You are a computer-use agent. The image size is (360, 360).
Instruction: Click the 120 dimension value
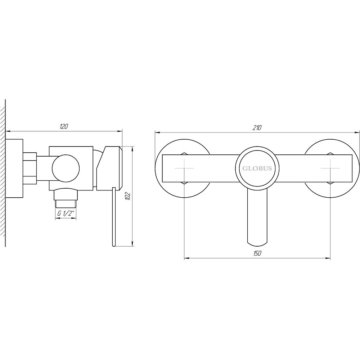click(64, 126)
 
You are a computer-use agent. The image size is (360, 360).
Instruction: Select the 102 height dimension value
click(128, 196)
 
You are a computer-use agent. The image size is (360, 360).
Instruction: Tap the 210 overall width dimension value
click(257, 128)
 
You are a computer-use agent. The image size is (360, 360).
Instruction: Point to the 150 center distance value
click(257, 253)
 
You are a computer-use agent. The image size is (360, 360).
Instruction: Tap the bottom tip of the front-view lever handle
click(257, 244)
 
